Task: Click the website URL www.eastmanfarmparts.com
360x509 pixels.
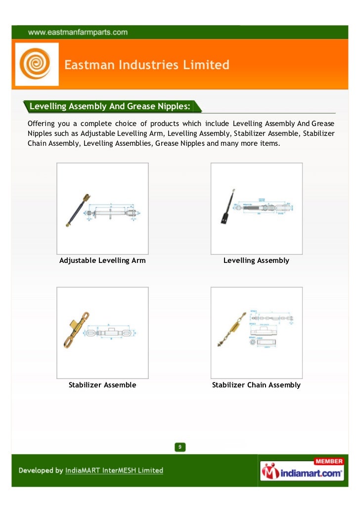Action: click(78, 33)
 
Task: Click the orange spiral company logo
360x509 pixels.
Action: click(37, 64)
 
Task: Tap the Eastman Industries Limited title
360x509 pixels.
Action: click(147, 65)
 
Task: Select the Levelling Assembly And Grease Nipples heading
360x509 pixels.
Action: click(110, 106)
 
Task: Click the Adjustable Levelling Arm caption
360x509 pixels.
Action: click(102, 260)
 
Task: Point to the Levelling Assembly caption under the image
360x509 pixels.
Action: click(256, 260)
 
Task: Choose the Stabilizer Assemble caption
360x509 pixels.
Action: click(102, 385)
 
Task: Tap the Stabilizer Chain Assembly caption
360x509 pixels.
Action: click(256, 385)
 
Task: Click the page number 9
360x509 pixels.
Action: click(180, 448)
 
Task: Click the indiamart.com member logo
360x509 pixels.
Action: click(302, 470)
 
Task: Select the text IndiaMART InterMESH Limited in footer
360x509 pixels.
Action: click(114, 470)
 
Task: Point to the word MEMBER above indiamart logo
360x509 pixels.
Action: click(328, 462)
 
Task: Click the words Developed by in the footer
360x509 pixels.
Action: click(41, 470)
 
